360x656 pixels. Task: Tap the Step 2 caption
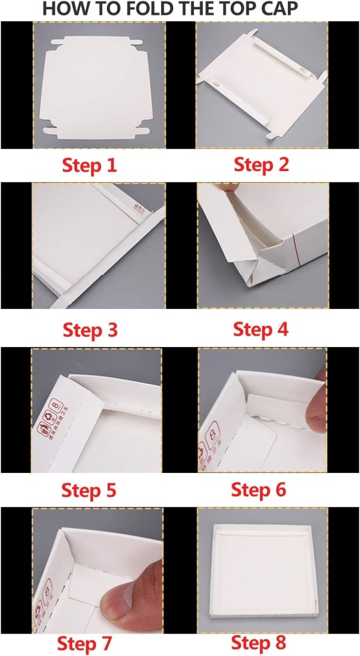pyautogui.click(x=261, y=164)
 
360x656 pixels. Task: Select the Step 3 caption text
pyautogui.click(x=90, y=330)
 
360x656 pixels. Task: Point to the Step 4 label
pyautogui.click(x=261, y=330)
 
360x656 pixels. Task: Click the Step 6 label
pyautogui.click(x=258, y=490)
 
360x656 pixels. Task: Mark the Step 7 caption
pyautogui.click(x=85, y=642)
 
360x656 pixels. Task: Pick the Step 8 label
pyautogui.click(x=258, y=642)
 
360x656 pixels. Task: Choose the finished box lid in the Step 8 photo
pyautogui.click(x=262, y=569)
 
